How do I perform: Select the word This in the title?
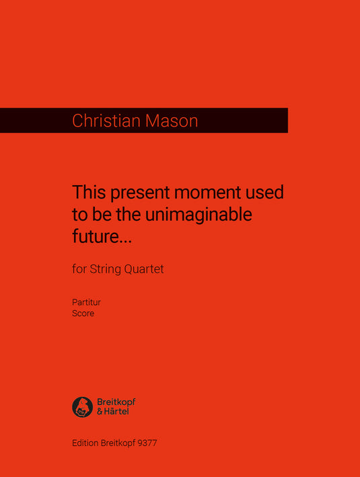point(89,193)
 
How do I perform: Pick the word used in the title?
point(266,193)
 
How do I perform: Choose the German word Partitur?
point(86,303)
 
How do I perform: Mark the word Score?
point(83,314)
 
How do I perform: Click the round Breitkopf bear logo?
point(82,407)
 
